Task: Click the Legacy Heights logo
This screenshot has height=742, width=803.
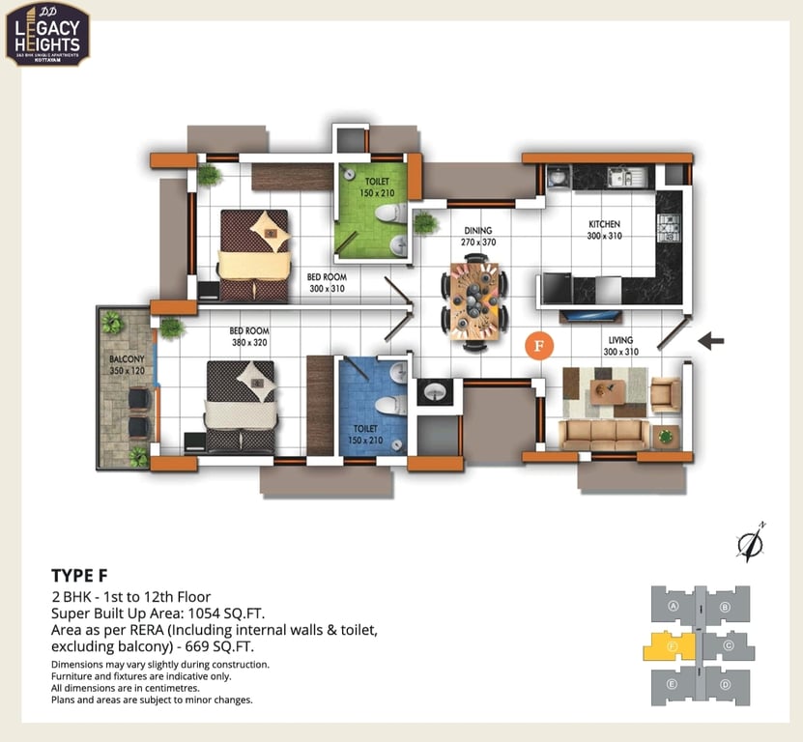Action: (48, 33)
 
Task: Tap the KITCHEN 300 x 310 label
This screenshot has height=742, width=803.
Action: (604, 230)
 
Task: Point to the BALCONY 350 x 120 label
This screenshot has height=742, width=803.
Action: (126, 365)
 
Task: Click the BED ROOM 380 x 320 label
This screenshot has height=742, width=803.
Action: (249, 336)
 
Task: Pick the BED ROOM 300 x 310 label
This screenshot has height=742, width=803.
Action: (327, 282)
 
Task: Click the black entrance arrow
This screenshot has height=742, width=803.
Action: (711, 340)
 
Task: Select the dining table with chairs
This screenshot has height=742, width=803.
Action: (474, 300)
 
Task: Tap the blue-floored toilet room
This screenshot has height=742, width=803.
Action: (372, 406)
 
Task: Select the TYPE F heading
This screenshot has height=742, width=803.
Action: (79, 576)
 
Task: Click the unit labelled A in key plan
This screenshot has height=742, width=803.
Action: (671, 606)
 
